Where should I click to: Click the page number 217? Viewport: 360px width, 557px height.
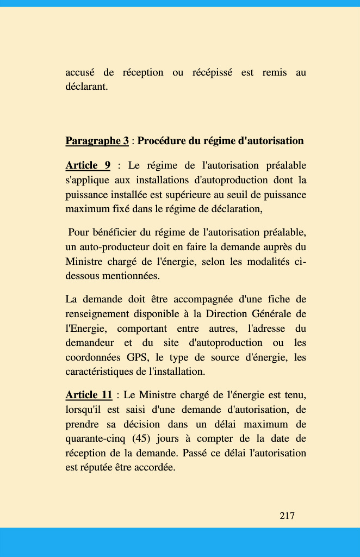[287, 515]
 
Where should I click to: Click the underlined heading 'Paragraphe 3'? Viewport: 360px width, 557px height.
[97, 141]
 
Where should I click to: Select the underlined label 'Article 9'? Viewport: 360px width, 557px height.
[88, 165]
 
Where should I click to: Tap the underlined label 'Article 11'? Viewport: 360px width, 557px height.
[89, 394]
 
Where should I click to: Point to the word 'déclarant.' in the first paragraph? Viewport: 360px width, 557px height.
[86, 86]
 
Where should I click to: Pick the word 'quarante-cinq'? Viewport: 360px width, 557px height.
[94, 438]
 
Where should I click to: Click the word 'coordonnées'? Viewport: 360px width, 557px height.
[93, 357]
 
